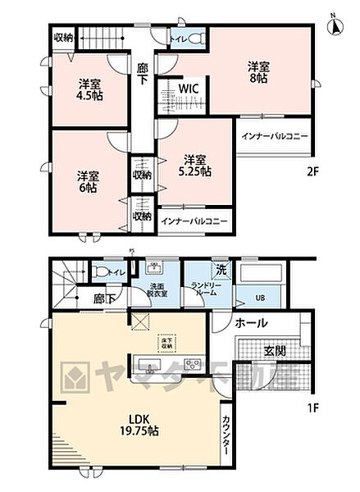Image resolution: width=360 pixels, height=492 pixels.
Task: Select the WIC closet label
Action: tap(187, 89)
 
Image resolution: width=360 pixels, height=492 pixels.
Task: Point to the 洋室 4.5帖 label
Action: tap(89, 89)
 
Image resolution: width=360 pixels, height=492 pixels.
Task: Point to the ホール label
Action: tap(250, 323)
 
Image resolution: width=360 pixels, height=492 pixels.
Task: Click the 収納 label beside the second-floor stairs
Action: tap(63, 37)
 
